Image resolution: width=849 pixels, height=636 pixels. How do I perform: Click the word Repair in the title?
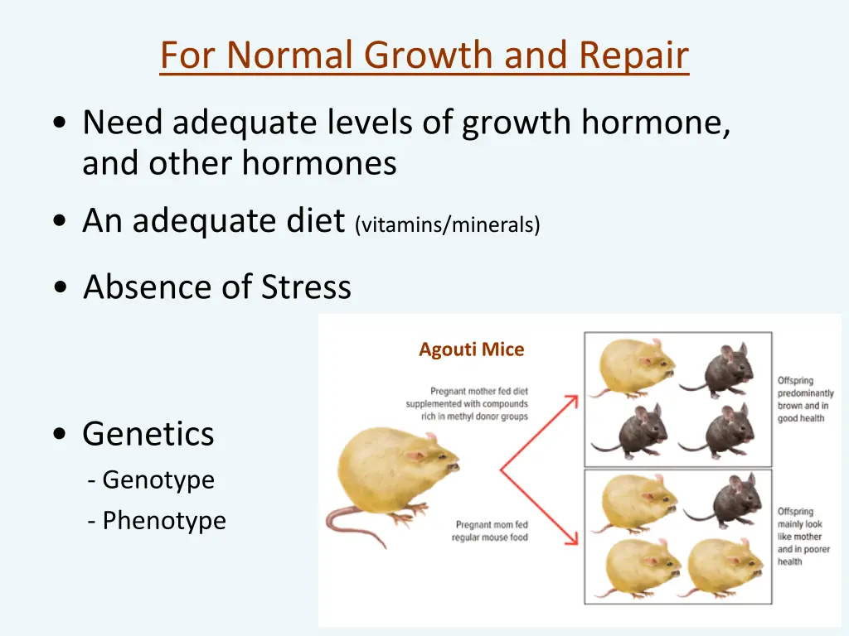[633, 55]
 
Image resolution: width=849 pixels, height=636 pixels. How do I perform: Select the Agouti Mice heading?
[471, 349]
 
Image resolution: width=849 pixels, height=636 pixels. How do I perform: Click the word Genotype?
[158, 479]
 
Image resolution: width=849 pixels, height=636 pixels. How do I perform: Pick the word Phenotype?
[163, 521]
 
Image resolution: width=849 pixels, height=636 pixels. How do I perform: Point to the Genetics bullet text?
[148, 434]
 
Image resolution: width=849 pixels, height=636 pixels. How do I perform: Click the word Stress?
[306, 287]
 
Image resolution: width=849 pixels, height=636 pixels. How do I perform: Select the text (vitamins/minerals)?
[447, 224]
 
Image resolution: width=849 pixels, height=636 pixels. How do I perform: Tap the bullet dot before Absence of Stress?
[60, 288]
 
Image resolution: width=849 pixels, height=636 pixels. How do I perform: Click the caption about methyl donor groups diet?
[467, 404]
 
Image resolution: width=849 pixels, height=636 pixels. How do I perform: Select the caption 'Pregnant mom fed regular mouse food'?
[490, 531]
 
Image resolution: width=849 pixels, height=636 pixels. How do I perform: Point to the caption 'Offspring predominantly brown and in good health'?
[805, 400]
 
